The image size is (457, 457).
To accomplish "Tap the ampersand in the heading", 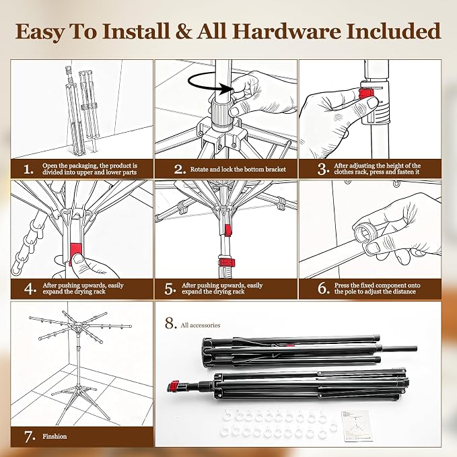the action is (x=184, y=31).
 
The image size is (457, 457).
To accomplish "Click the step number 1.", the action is (x=28, y=170).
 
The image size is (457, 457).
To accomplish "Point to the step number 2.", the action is (x=180, y=170).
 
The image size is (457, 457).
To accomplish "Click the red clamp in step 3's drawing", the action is (x=366, y=94).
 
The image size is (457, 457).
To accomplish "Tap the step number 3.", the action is (x=323, y=170).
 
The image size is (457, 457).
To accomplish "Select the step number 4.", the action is (x=30, y=289).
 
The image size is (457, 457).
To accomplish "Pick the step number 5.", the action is (x=170, y=289).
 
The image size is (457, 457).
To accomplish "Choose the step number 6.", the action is (x=324, y=289).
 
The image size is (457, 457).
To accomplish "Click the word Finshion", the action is (x=55, y=436).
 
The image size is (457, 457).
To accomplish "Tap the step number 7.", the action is (x=30, y=437).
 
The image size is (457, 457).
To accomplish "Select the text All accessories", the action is (x=201, y=325).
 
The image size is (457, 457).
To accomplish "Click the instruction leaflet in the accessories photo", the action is (x=357, y=425).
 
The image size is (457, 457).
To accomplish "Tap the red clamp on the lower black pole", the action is (x=174, y=386).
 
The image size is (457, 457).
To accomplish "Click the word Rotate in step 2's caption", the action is (x=199, y=170).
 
